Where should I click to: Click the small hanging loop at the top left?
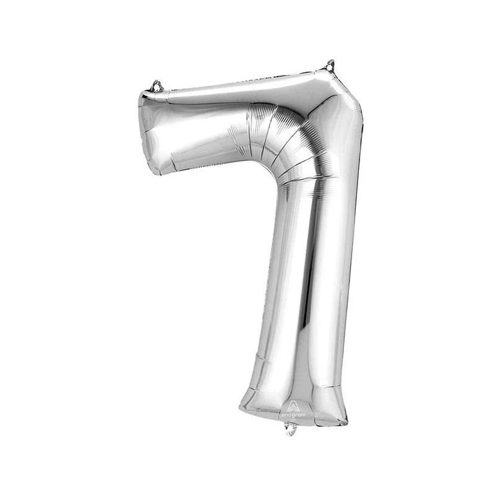(x=157, y=85)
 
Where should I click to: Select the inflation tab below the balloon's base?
(x=291, y=428)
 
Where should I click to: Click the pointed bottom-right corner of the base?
(x=346, y=423)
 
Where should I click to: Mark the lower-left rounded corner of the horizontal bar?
(x=155, y=170)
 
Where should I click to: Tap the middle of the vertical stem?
(x=303, y=278)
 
